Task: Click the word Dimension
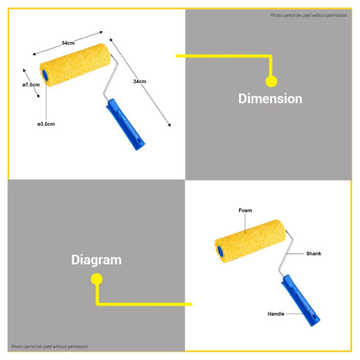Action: click(x=270, y=98)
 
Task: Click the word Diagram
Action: click(x=96, y=260)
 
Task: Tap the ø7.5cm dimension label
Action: click(x=31, y=84)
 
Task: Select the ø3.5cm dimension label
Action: click(x=46, y=124)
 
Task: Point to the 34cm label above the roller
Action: click(x=68, y=43)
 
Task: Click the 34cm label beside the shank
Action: click(x=139, y=82)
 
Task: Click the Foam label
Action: click(x=245, y=210)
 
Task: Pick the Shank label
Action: click(x=314, y=253)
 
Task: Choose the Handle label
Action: click(x=276, y=314)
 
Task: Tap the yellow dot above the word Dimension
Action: click(x=271, y=82)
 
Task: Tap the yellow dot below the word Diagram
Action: click(x=96, y=279)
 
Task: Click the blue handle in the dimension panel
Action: click(x=125, y=124)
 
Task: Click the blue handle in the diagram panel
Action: click(x=300, y=300)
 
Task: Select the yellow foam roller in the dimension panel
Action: click(x=75, y=65)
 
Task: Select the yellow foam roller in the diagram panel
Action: click(x=250, y=241)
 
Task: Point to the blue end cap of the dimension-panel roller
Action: click(x=45, y=75)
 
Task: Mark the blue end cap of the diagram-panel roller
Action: click(x=220, y=251)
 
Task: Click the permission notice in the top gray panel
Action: click(x=309, y=15)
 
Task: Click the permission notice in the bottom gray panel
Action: click(x=50, y=346)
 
